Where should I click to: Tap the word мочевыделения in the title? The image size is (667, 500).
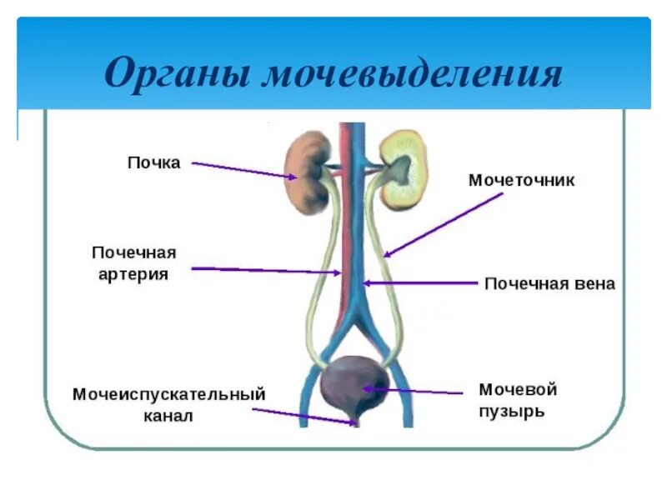[x=414, y=74]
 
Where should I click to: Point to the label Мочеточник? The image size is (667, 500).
[x=522, y=180]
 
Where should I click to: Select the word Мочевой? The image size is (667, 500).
[x=517, y=389]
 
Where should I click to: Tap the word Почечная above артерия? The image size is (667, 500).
[x=133, y=252]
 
